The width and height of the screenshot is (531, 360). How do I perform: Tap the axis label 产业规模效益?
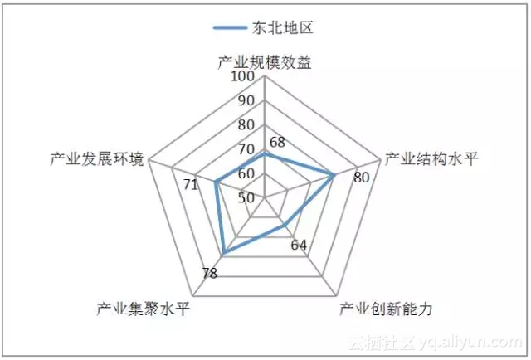pos(265,61)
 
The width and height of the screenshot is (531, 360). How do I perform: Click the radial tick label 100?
pos(243,77)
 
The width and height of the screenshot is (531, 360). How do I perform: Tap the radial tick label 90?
pos(246,101)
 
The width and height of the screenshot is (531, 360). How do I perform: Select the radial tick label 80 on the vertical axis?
pos(246,125)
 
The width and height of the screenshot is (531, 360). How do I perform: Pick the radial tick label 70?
pos(246,149)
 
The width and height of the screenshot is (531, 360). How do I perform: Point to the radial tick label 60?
pos(246,173)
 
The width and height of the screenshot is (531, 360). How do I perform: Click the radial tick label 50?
pos(246,197)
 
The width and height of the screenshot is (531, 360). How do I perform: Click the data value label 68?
pos(277,141)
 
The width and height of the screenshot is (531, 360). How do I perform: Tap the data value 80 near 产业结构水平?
pos(361,178)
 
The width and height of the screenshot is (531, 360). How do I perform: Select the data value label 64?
pos(299,246)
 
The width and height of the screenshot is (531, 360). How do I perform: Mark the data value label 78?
pos(209,274)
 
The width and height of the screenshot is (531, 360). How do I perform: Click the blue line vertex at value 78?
pos(224,253)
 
